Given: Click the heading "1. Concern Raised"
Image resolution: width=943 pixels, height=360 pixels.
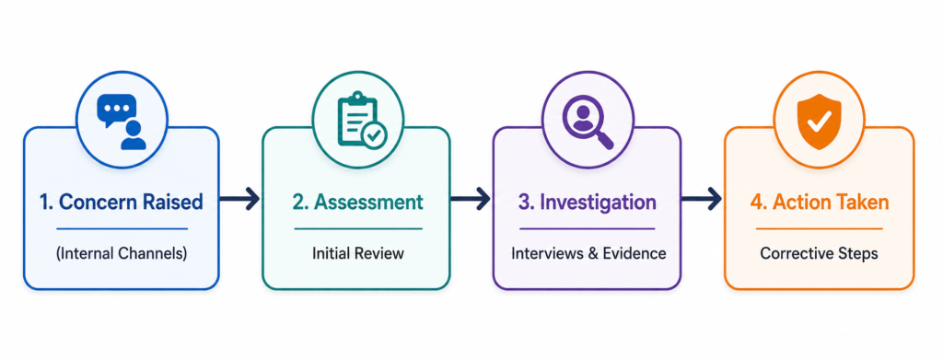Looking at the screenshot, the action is coord(121,203).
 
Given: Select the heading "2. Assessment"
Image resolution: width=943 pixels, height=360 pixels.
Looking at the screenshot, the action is coord(358,203).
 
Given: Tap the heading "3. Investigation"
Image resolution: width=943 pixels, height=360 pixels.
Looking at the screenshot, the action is coord(587,203).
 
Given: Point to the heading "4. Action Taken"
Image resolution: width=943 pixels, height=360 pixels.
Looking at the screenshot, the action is coord(819,203).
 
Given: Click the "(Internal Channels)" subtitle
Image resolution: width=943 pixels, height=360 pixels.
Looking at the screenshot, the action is coord(122,253).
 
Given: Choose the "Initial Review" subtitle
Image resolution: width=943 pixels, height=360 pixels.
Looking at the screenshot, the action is coord(358,253).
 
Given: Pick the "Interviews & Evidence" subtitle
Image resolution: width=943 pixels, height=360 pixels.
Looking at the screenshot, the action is coord(588,253).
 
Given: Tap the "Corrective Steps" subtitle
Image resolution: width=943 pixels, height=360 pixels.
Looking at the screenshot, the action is coord(819,253).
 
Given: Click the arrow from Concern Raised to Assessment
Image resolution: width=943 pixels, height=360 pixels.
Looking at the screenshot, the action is coord(239,199).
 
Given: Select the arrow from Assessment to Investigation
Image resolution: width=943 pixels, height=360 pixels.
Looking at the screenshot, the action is coord(470,199).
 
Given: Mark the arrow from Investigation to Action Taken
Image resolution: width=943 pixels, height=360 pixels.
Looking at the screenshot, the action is coord(701,199).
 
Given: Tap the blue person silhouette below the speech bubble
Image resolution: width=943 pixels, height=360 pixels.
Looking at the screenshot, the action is coord(133,135).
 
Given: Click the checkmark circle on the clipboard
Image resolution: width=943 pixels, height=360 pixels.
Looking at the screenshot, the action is coord(374,134).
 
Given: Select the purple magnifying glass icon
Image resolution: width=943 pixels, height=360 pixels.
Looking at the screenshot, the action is coord(588,122).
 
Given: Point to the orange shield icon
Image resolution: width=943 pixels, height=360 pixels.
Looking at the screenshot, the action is coord(819,122).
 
